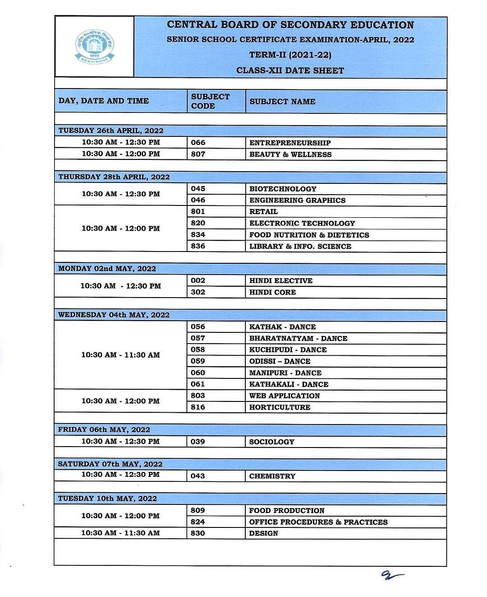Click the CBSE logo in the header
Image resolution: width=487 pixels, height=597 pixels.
coord(95,47)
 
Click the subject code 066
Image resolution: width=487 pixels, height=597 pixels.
coord(198,143)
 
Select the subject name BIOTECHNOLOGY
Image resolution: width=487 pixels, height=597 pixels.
coord(283,189)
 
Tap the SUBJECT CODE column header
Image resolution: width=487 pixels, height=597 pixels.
coord(210,101)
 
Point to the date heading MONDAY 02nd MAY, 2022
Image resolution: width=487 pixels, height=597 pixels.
coord(107,269)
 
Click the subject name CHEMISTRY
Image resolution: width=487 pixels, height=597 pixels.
coord(272,476)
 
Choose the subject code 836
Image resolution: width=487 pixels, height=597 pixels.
coord(198,246)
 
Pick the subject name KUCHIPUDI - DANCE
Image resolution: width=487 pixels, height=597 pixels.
coord(288,350)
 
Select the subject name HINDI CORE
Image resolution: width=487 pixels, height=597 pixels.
coord(272,292)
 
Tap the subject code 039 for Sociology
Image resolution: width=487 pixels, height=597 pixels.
coord(198,442)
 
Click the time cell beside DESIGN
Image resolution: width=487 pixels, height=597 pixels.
coord(120,533)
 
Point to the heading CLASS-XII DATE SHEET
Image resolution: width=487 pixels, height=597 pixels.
coord(290,70)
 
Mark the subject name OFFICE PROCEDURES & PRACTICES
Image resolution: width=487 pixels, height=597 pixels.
coord(318,522)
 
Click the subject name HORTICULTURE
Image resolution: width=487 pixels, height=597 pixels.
coord(280,407)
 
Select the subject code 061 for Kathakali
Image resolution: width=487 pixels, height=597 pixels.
coord(198,384)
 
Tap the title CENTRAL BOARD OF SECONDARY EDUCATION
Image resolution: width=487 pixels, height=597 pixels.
coord(290,25)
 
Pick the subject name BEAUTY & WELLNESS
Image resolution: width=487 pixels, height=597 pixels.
coord(290,154)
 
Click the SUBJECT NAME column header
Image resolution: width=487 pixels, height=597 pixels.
coord(282,102)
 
